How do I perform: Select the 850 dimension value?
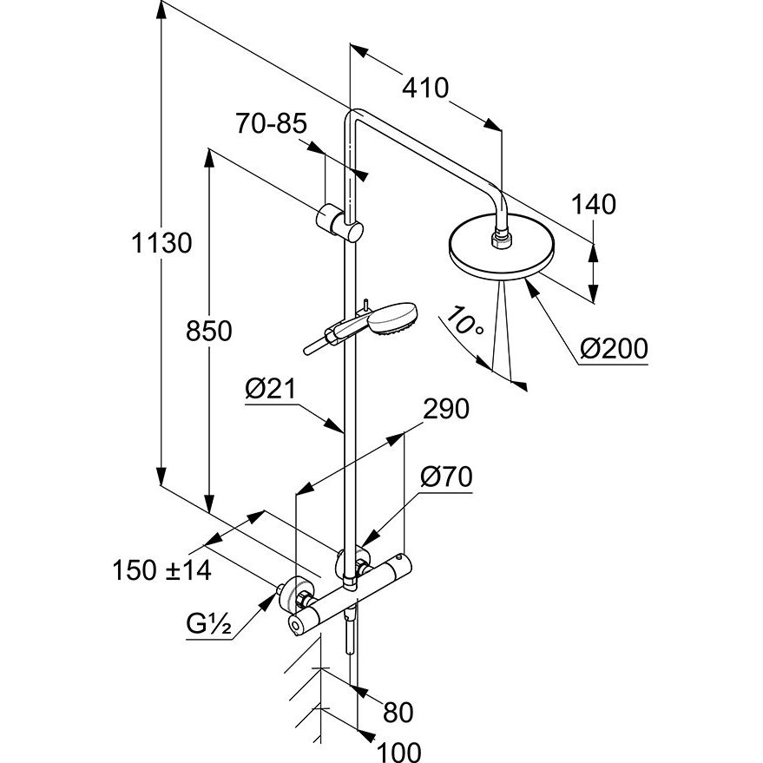(209, 331)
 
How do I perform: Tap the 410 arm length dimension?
(424, 88)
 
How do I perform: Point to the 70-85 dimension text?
(271, 124)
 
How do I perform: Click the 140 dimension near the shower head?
(595, 205)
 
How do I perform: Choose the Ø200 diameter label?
(613, 349)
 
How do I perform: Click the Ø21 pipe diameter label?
(270, 391)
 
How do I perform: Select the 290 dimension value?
(444, 409)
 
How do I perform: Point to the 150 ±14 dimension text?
(161, 570)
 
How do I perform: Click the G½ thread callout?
(207, 625)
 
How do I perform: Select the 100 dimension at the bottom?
(399, 750)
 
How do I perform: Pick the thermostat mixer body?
(352, 595)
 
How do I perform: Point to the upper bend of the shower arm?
(353, 117)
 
